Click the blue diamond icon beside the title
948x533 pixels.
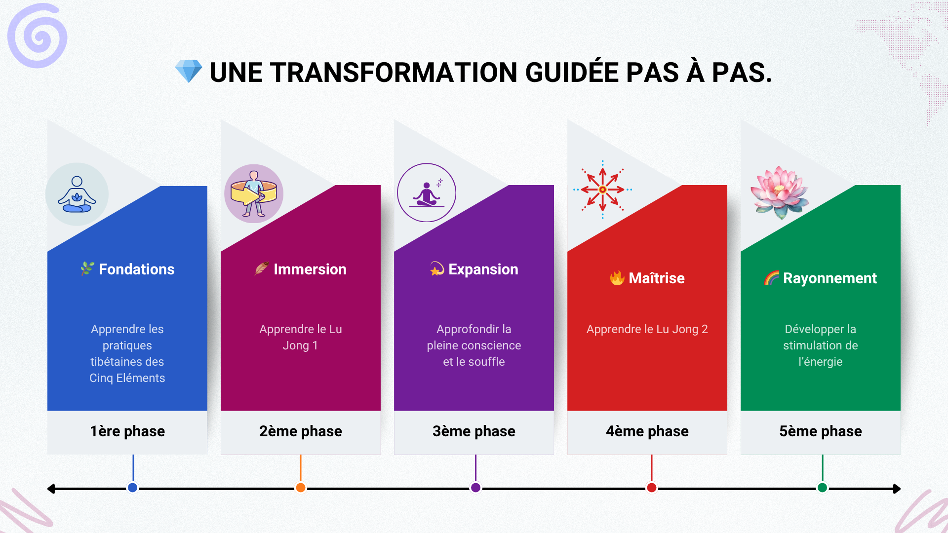189,71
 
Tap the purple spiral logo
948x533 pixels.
38,36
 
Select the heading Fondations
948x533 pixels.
137,269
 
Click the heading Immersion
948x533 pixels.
310,269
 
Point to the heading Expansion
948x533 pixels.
483,269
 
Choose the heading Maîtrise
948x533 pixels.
657,278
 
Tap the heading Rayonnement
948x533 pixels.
830,278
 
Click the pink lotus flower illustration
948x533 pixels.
780,192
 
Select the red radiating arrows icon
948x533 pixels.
602,190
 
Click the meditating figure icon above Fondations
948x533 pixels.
77,194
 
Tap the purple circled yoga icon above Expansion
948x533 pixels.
427,192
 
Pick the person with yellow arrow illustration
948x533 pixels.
254,193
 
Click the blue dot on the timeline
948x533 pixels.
132,488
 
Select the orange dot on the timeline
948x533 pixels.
301,488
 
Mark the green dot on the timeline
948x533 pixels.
822,488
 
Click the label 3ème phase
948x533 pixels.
474,431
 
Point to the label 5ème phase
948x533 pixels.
821,431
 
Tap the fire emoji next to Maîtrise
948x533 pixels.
617,278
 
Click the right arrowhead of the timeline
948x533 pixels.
897,489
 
